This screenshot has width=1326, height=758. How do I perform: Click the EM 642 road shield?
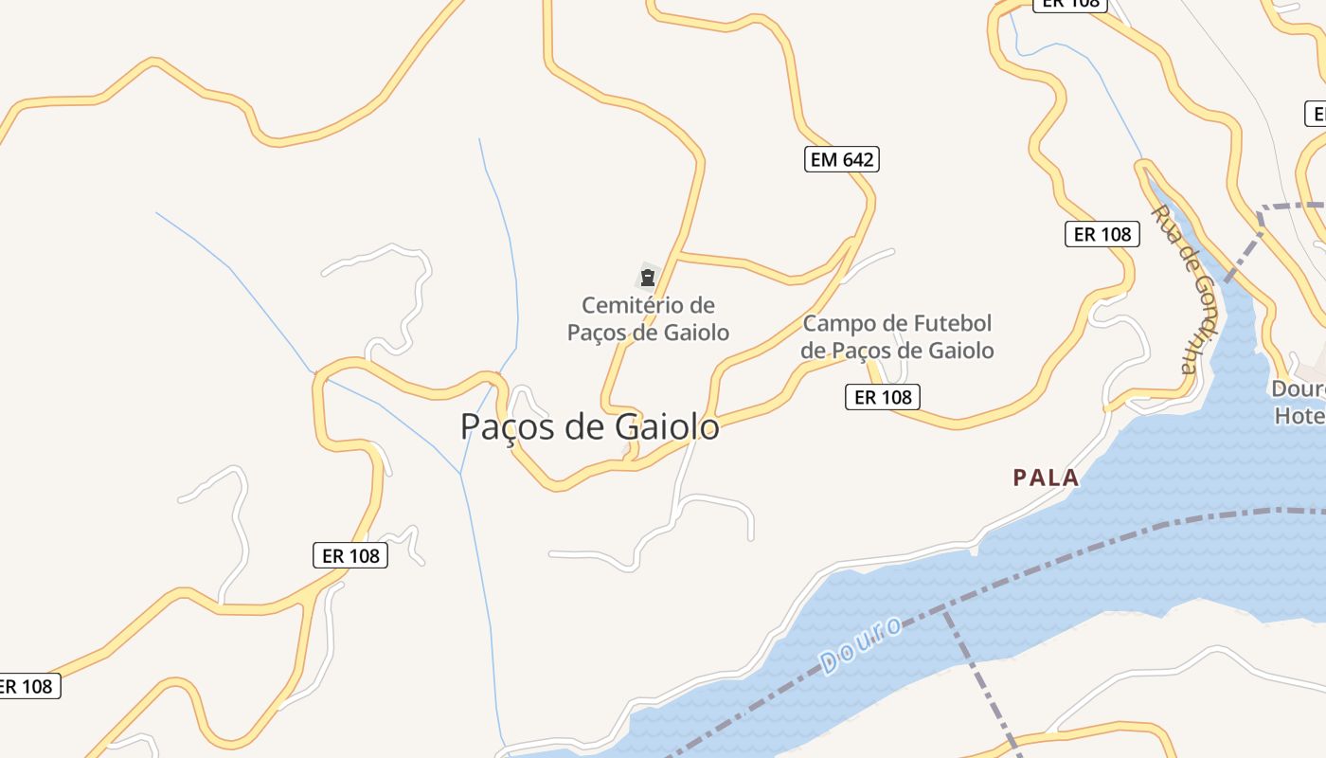tap(843, 159)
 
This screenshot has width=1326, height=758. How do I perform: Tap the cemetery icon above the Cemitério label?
tap(647, 278)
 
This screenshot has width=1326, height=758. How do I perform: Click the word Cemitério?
tap(636, 305)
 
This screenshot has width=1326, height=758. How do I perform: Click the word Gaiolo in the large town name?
tap(667, 427)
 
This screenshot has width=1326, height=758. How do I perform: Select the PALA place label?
tap(1046, 478)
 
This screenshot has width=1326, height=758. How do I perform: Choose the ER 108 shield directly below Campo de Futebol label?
tap(883, 397)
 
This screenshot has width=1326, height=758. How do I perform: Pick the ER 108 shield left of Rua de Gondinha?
tap(1102, 234)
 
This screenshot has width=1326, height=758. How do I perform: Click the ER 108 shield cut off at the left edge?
tap(27, 686)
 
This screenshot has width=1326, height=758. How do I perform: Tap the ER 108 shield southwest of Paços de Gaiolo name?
tap(350, 555)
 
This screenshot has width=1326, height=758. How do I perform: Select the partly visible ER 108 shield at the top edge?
tap(1070, 4)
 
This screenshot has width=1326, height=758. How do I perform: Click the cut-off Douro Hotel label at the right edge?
tap(1299, 402)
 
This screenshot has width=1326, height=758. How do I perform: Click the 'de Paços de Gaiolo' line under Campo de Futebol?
tap(897, 351)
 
